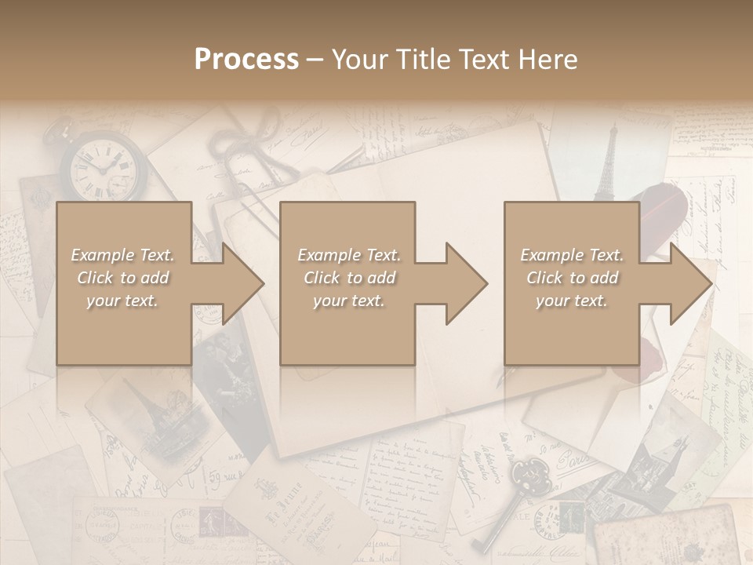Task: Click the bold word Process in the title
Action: [x=246, y=60]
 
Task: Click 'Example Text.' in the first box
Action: [x=123, y=255]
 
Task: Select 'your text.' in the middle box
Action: [x=348, y=301]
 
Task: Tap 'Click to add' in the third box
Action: [x=573, y=278]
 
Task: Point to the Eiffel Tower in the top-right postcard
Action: [x=606, y=165]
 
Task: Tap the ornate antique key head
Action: [x=526, y=474]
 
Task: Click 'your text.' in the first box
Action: [x=123, y=301]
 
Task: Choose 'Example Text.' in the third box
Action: [x=573, y=255]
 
